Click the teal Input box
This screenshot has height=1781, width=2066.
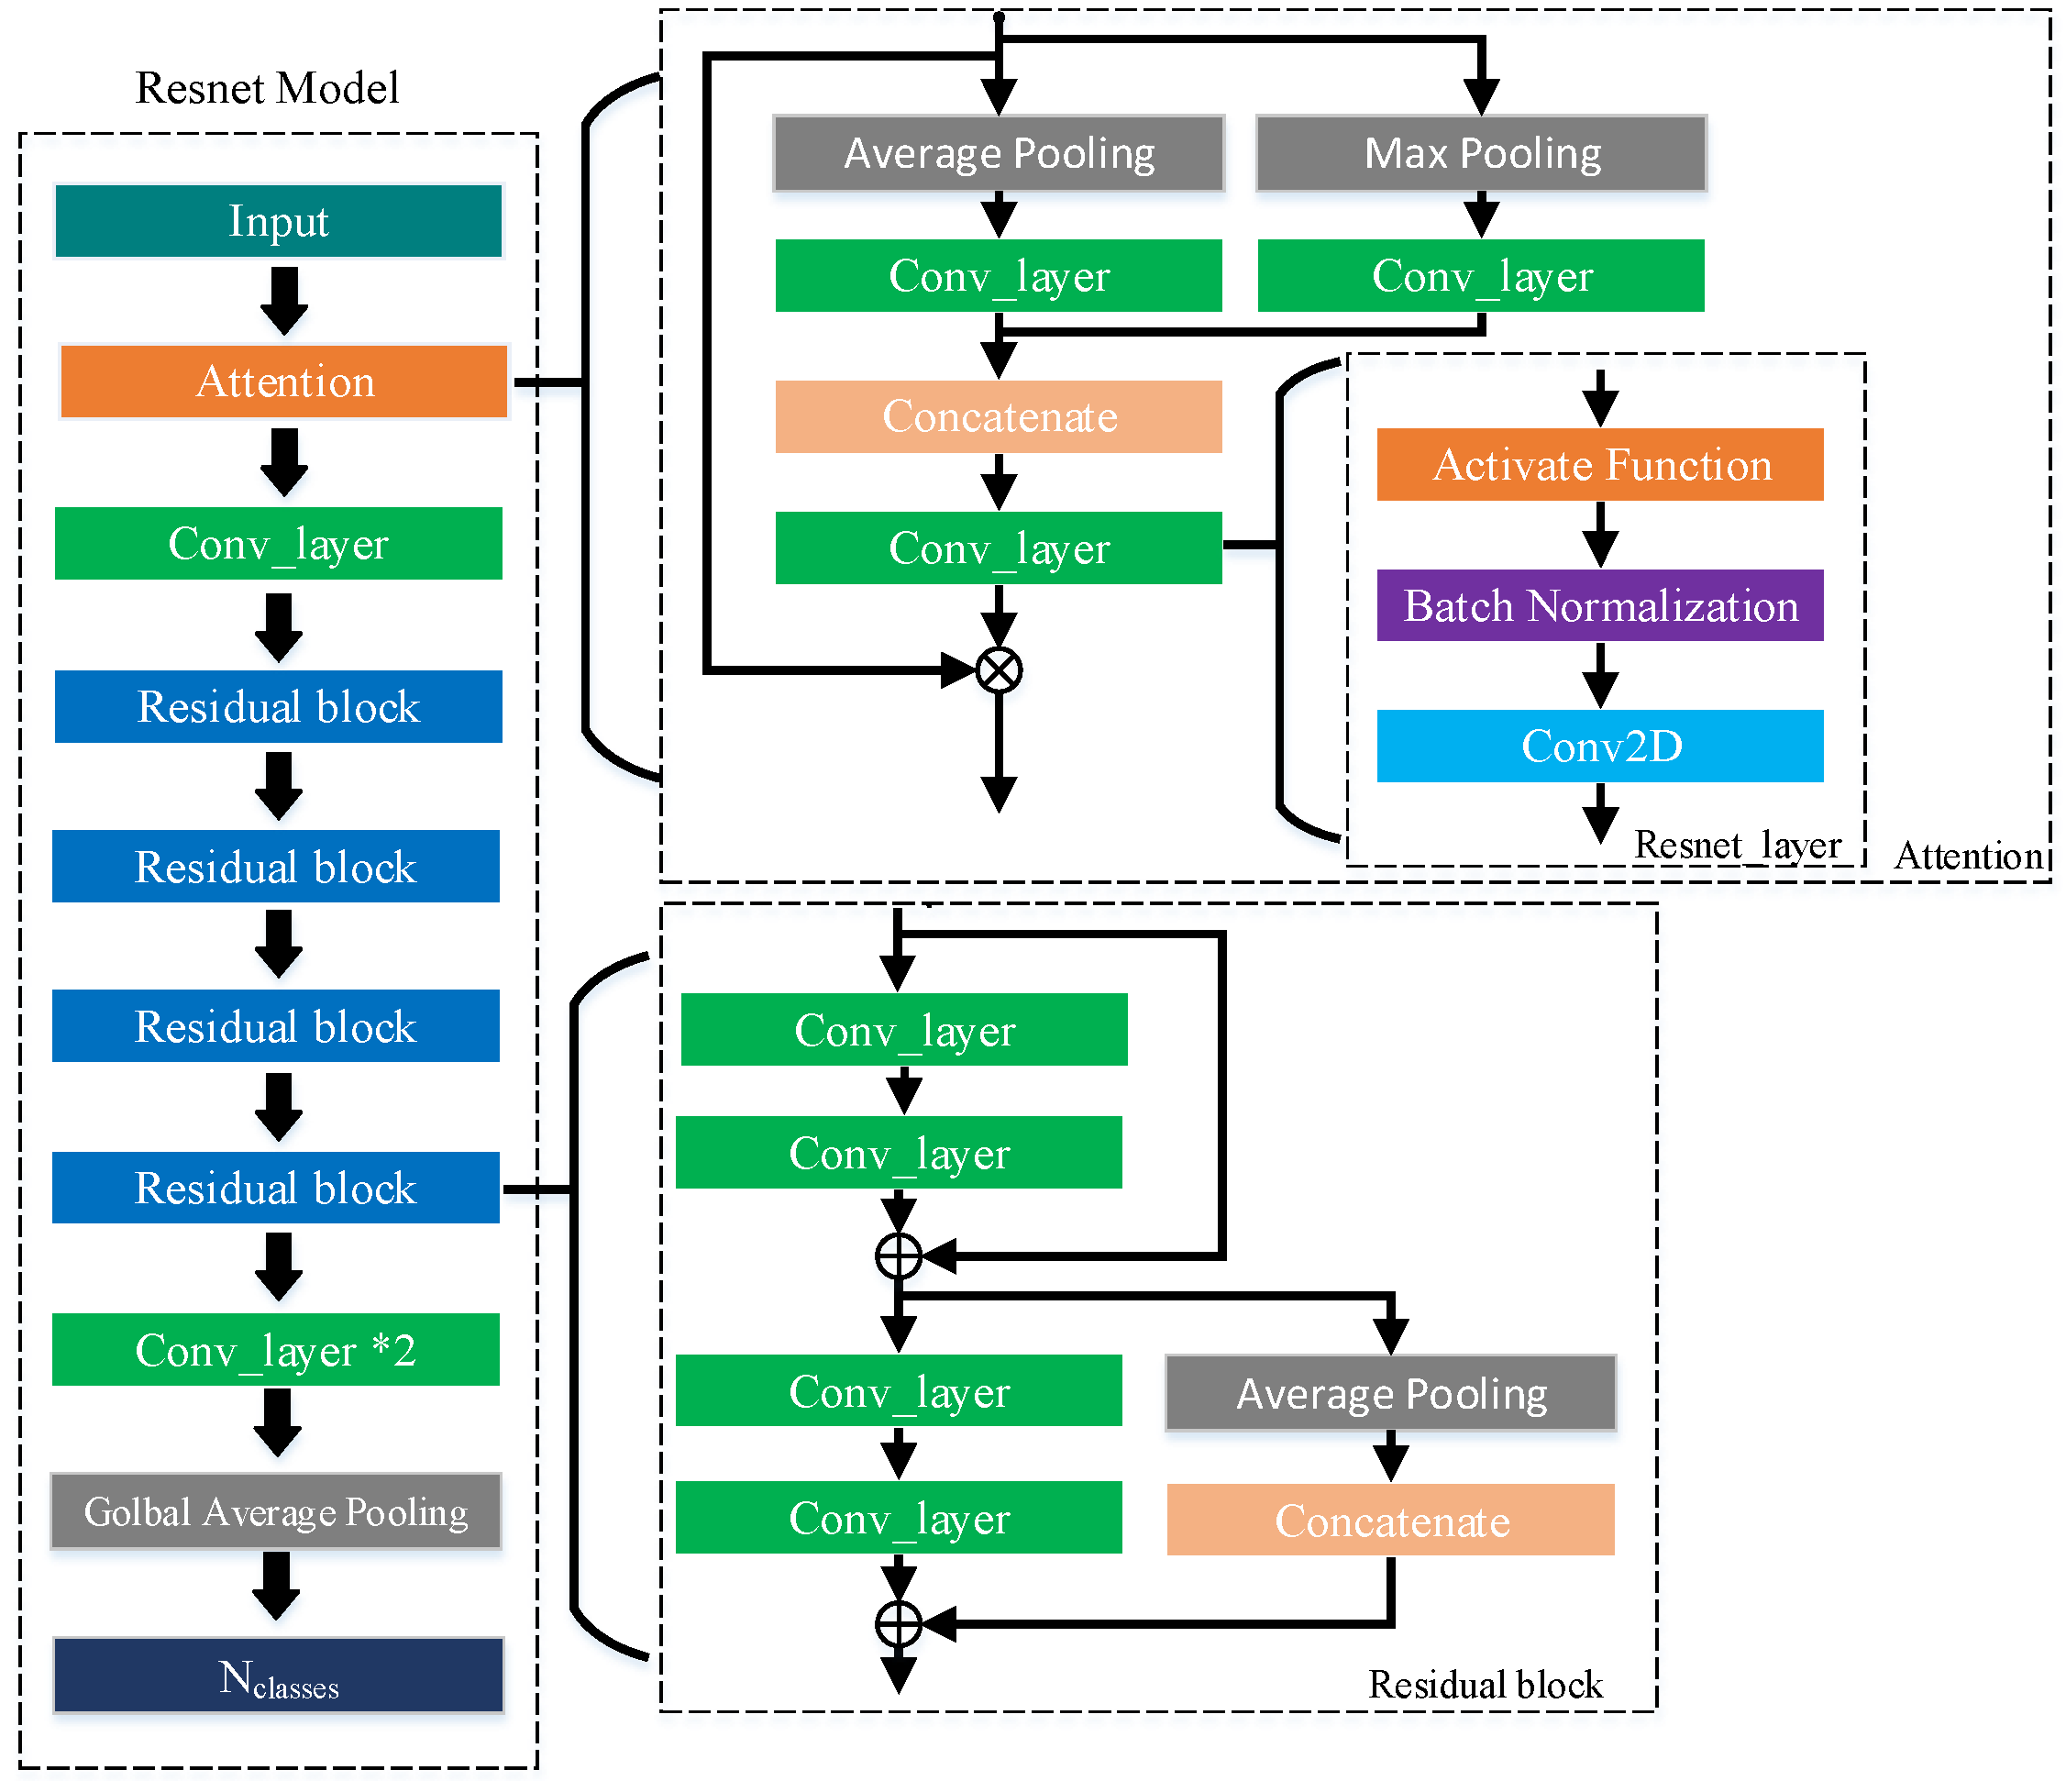278,221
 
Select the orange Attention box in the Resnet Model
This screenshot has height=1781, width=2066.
284,382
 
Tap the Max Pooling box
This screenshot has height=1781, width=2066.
1482,153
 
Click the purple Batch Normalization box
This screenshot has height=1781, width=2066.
1599,605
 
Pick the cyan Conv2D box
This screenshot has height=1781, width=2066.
1599,746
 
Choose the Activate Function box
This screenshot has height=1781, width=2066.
1599,465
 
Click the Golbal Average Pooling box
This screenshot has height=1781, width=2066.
276,1511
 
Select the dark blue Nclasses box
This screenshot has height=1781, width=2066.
278,1676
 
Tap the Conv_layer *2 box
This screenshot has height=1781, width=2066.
276,1350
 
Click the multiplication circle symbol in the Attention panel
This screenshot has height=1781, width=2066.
998,669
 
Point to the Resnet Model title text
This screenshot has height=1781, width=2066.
267,88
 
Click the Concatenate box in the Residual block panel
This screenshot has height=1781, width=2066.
1390,1521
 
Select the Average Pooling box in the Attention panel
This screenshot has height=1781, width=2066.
998,153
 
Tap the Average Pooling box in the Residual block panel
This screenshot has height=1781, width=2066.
1390,1393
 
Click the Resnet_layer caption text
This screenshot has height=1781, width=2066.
1736,845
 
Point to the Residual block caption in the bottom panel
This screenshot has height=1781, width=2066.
1485,1685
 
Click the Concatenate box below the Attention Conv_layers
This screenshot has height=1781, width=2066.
998,417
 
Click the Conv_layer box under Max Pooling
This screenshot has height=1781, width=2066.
1481,276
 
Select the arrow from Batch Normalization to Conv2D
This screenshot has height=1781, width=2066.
1599,675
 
